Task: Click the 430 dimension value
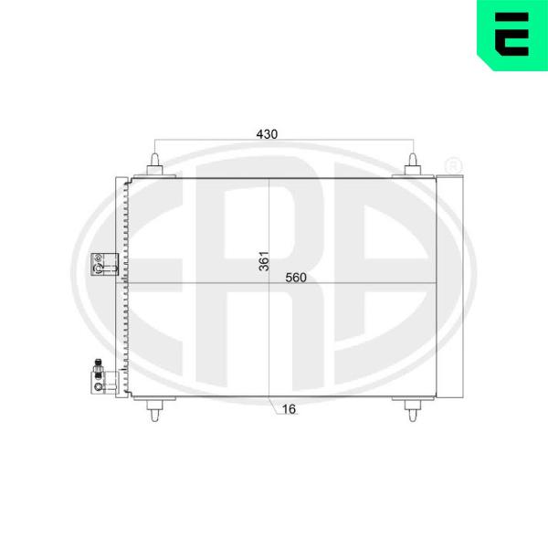(267, 134)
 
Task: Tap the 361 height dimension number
(264, 260)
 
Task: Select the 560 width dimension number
(296, 278)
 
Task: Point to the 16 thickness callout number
(289, 409)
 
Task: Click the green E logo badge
(512, 35)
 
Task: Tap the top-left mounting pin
(155, 165)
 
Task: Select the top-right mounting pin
(413, 165)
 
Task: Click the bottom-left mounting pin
(155, 409)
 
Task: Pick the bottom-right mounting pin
(413, 409)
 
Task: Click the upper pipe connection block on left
(104, 264)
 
